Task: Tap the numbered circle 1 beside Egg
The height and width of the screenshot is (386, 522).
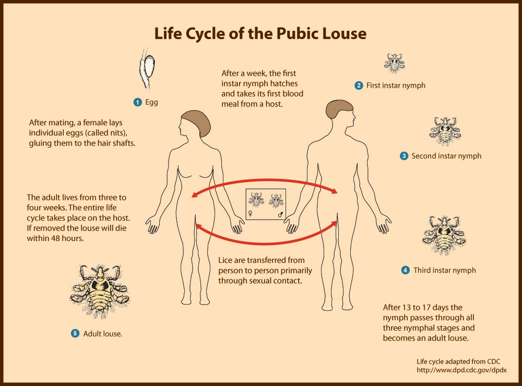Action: [137, 102]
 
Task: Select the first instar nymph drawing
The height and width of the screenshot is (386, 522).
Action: [395, 63]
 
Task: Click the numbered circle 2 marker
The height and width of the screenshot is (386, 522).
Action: [359, 86]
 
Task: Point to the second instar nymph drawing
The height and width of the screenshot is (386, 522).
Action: [445, 131]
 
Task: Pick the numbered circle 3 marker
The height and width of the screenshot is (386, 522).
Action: [404, 156]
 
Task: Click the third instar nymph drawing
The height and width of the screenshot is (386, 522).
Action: [444, 235]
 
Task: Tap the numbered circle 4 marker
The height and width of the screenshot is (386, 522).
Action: [405, 270]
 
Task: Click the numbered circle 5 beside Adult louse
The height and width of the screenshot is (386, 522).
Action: [75, 333]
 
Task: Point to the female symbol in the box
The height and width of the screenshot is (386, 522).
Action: [251, 214]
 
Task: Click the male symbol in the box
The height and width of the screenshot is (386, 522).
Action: [281, 214]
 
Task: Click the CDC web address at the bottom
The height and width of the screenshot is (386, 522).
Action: [462, 370]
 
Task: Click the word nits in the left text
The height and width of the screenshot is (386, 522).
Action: [117, 133]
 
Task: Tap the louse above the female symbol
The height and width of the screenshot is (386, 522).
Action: [256, 199]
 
